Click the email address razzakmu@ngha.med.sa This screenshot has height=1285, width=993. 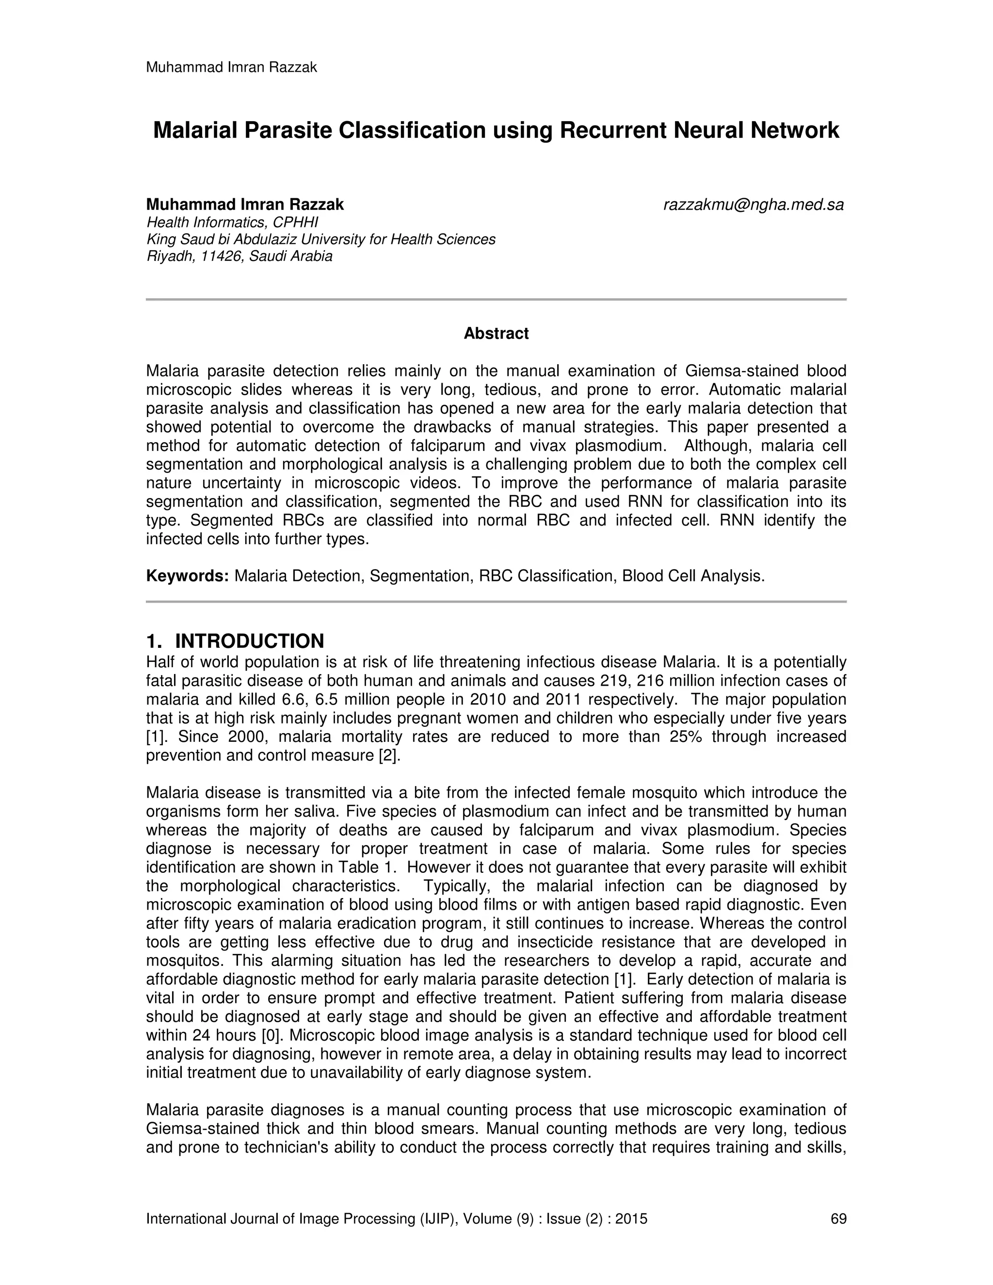point(753,205)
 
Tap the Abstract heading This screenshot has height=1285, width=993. point(496,334)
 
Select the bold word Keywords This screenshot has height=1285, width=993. point(187,576)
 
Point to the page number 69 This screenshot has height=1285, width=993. point(838,1219)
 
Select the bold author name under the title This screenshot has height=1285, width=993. point(245,205)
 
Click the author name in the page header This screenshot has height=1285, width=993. point(231,68)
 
